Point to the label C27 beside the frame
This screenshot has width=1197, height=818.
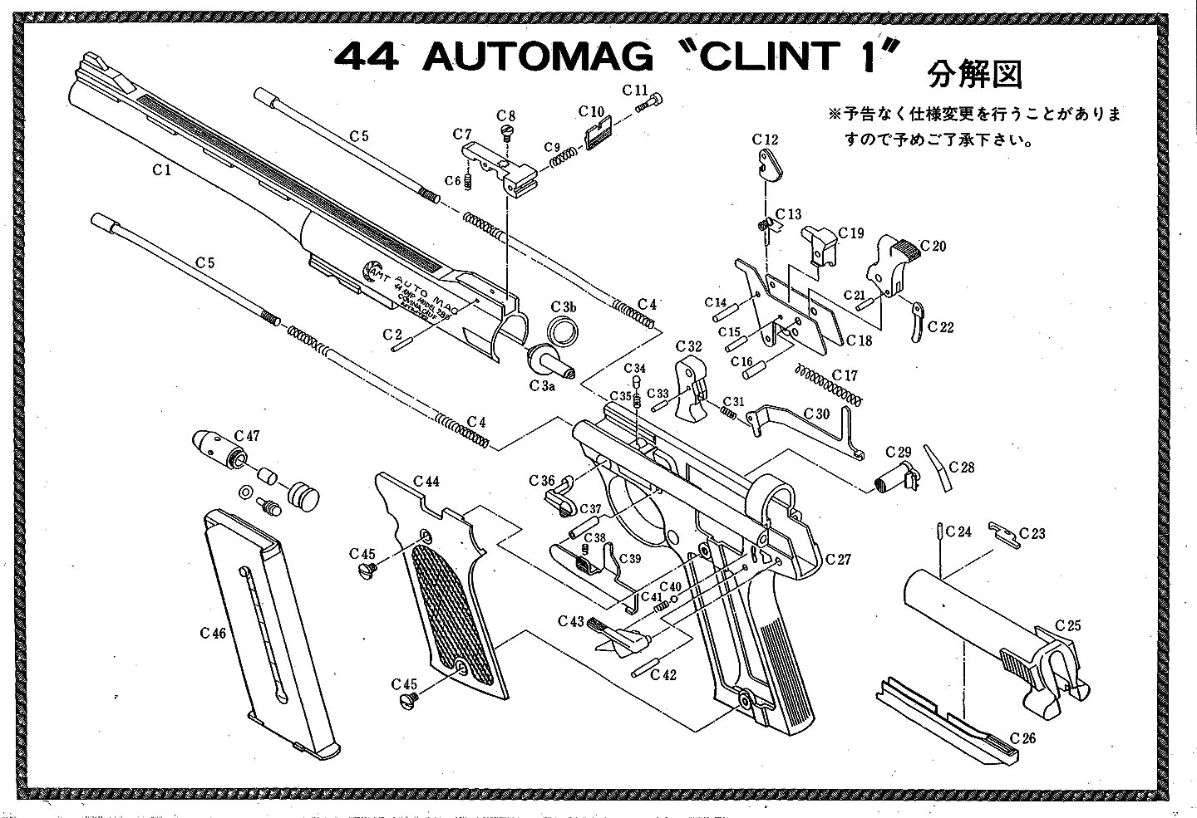pos(838,560)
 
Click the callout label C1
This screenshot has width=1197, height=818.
pos(161,169)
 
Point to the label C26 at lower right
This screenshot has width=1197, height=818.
pos(1022,737)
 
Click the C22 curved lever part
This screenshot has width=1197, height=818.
pos(916,321)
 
